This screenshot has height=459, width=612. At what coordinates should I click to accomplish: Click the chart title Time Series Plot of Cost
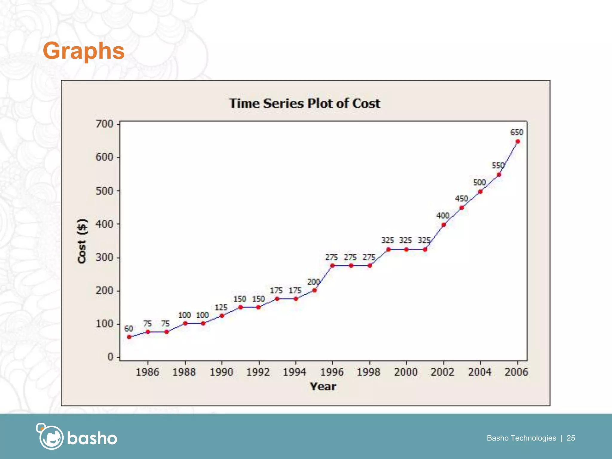[x=305, y=103]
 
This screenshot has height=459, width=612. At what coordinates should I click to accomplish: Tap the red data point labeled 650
[x=518, y=142]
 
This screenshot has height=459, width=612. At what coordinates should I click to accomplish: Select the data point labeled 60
[x=129, y=337]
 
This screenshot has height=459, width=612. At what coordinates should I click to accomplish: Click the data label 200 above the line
[x=313, y=282]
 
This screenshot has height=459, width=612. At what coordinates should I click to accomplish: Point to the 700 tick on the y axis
[x=104, y=124]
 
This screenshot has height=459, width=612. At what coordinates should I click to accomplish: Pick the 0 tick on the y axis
[x=110, y=357]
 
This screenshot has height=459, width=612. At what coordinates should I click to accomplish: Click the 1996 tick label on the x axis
[x=332, y=372]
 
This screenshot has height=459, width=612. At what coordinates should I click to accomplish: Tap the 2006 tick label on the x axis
[x=516, y=372]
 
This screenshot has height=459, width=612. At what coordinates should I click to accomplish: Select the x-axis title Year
[x=323, y=386]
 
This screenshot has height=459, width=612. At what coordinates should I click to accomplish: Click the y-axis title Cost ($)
[x=82, y=241]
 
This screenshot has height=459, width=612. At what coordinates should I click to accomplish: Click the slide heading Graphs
[x=84, y=51]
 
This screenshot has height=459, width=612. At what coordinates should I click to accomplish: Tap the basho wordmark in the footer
[x=92, y=438]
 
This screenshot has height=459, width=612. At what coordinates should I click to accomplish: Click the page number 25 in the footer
[x=571, y=438]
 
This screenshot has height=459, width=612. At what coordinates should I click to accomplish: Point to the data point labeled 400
[x=444, y=225]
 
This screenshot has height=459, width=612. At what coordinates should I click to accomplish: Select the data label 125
[x=221, y=307]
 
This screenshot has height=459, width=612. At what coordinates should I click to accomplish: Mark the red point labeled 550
[x=499, y=175]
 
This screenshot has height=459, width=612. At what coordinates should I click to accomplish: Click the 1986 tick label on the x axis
[x=147, y=372]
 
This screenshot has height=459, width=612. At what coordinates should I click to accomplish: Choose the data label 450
[x=461, y=199]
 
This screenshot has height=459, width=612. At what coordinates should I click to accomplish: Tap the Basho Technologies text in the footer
[x=521, y=438]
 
